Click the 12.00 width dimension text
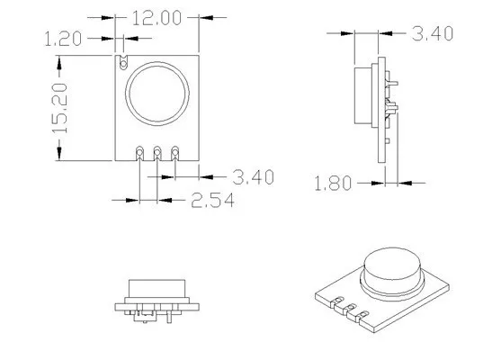tap(157, 17)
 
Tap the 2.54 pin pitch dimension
tap(213, 200)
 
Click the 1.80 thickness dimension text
tap(333, 184)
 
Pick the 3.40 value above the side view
tap(432, 34)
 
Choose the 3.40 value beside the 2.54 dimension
tap(253, 176)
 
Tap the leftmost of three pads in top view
tap(139, 152)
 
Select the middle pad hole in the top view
tap(157, 152)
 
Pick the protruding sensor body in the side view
tap(363, 94)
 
